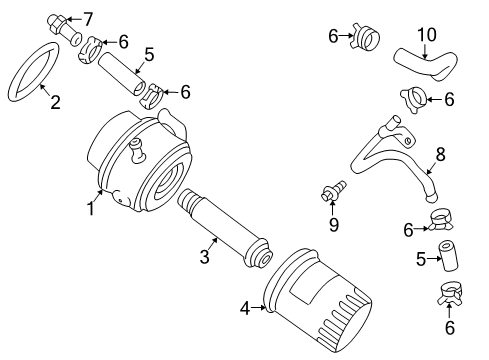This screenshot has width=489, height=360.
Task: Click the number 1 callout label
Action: coord(91,208)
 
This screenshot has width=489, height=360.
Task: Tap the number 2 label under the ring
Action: coord(56,102)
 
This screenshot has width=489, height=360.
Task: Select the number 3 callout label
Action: coord(204,258)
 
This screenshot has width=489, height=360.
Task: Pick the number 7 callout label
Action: coord(87,18)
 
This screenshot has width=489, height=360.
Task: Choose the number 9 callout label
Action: coord(333,223)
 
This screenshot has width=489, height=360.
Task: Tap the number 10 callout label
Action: coord(427,35)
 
